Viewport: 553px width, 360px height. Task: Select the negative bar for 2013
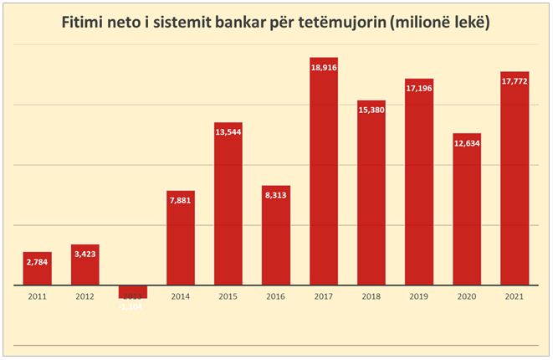click(132, 291)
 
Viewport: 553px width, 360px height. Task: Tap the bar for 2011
click(37, 269)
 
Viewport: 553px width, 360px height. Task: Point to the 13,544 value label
click(228, 132)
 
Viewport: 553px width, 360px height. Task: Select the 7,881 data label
click(180, 201)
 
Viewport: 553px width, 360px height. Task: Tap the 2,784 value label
click(37, 262)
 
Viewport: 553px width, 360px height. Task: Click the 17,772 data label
click(515, 82)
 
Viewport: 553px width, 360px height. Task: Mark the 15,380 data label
click(371, 111)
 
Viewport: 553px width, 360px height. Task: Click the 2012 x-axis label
click(84, 296)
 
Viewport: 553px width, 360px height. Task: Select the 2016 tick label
click(275, 296)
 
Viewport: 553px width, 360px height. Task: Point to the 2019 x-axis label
click(419, 296)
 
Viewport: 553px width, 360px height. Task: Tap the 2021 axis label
click(515, 296)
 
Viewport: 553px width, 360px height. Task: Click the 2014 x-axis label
click(180, 296)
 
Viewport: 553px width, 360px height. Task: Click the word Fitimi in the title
click(87, 23)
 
